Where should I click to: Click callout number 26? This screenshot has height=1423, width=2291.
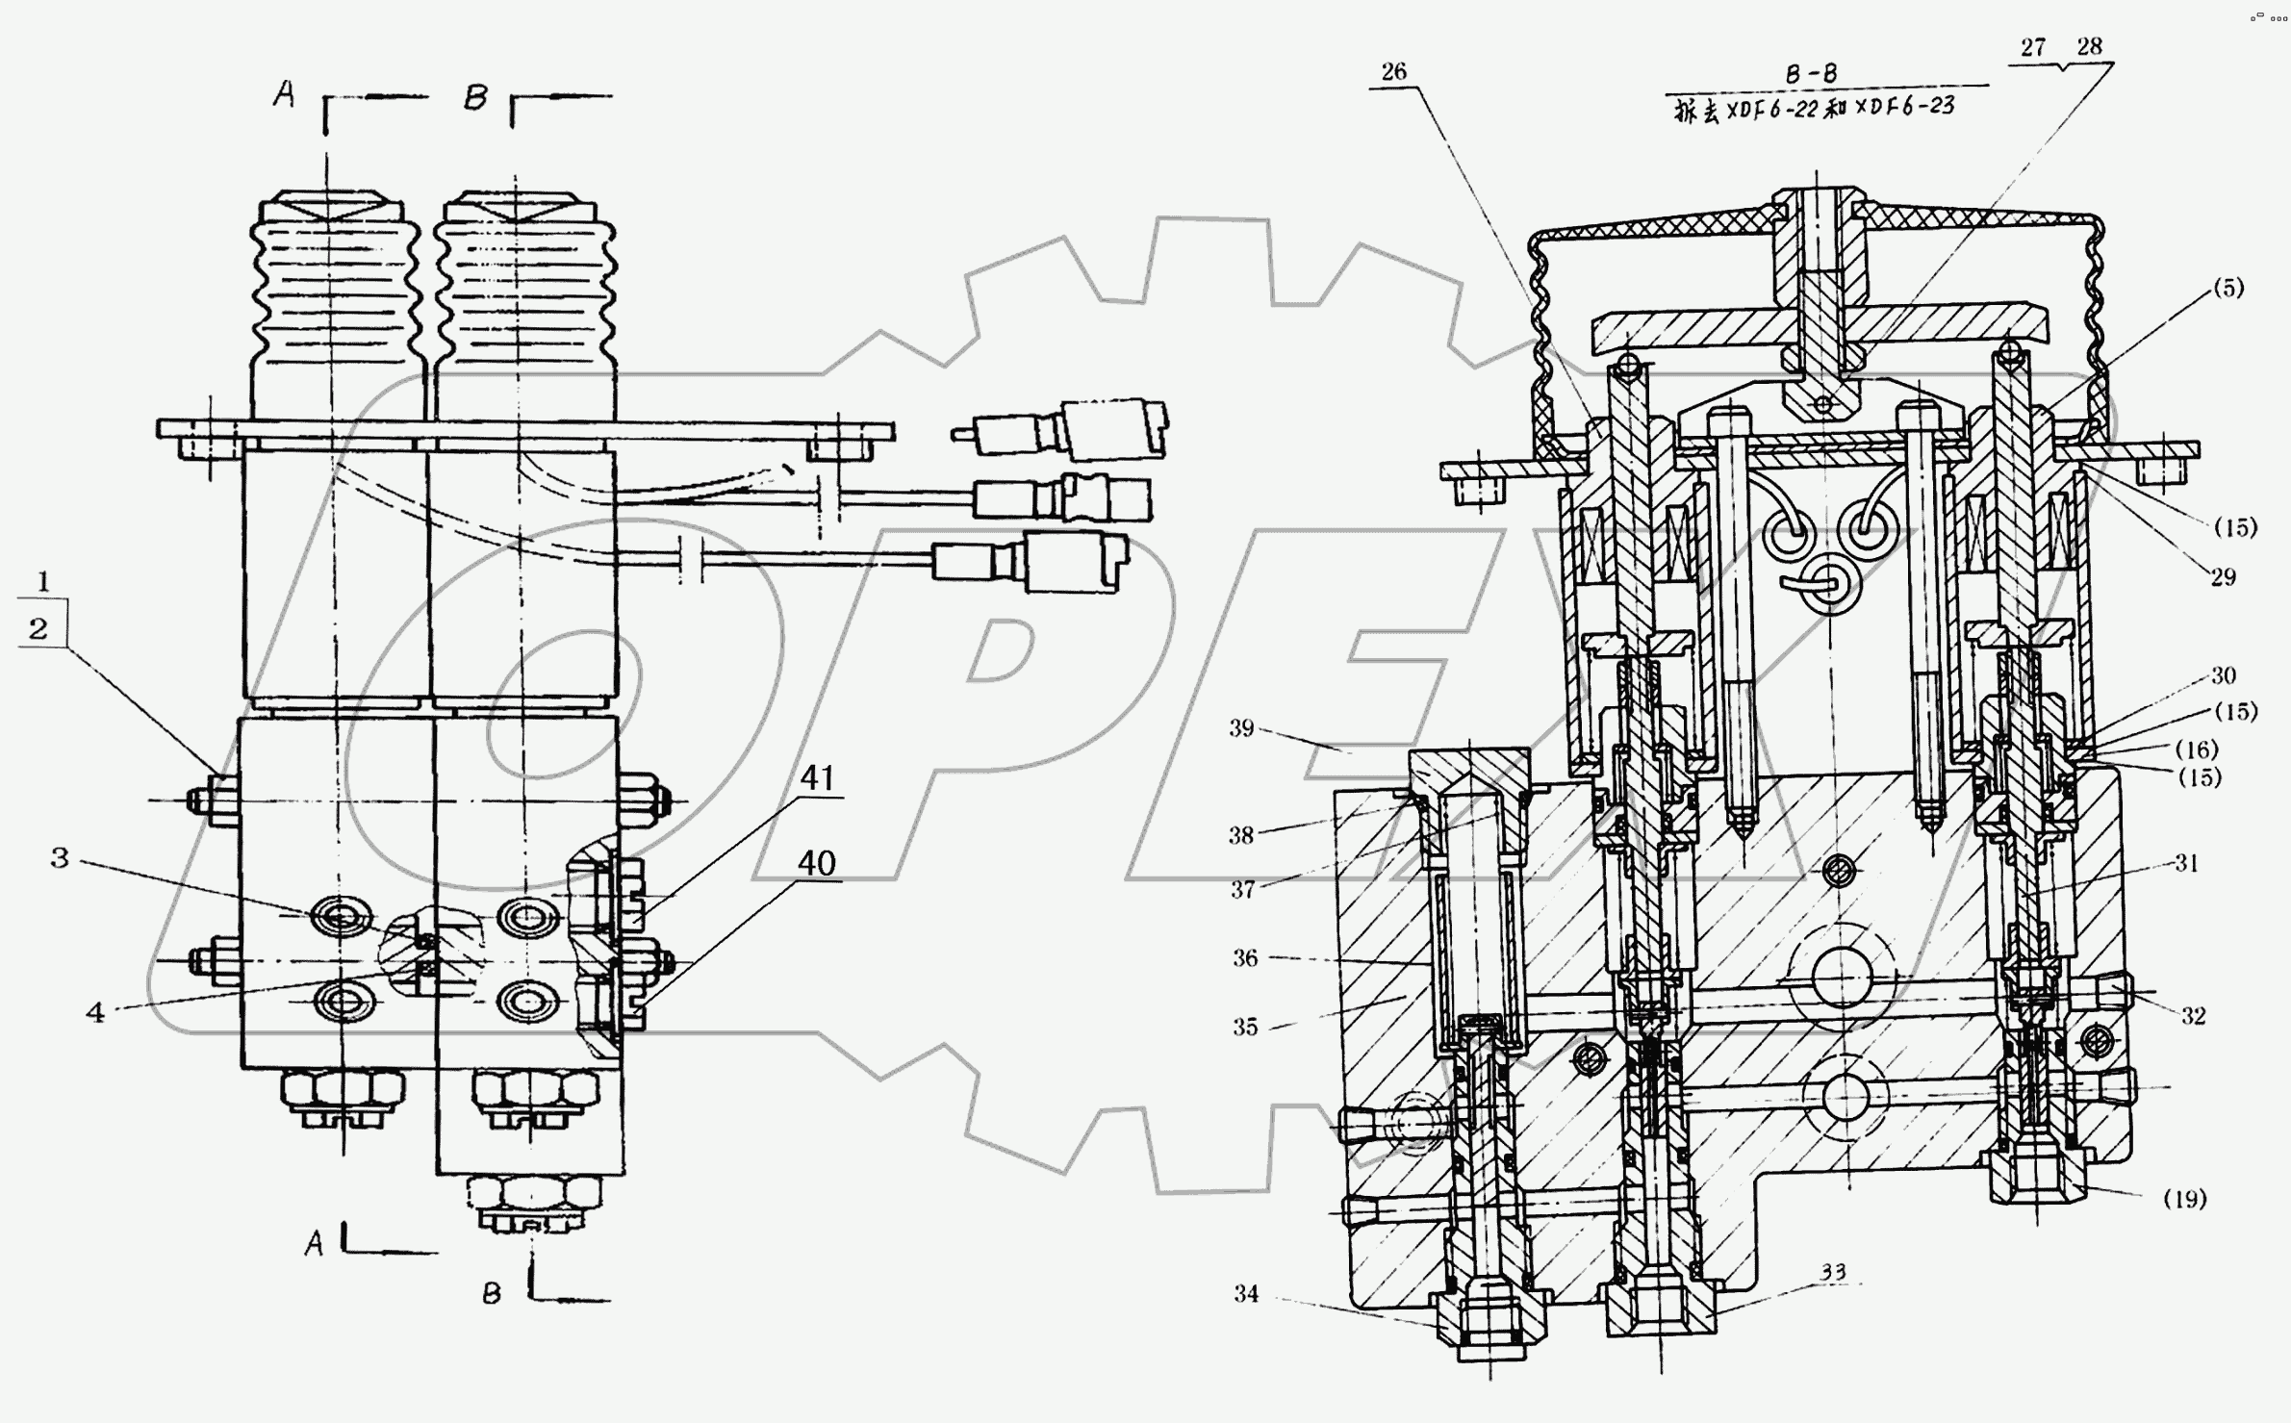click(x=1393, y=71)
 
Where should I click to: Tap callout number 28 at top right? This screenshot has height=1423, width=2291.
click(x=2089, y=46)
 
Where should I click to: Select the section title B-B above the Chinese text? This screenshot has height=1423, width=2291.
click(x=1812, y=74)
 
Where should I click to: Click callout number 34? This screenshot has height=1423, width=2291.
click(x=1246, y=1295)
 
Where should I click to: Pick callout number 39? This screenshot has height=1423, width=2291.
click(x=1241, y=728)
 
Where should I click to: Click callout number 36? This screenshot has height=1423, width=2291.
click(x=1245, y=958)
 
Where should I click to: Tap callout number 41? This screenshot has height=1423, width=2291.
click(x=817, y=777)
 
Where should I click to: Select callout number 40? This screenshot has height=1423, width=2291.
click(x=816, y=863)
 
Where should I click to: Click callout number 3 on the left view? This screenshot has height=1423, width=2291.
click(x=60, y=857)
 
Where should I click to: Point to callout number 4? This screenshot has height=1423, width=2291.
click(x=94, y=1012)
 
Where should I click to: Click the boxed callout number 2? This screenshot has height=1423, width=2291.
click(x=38, y=629)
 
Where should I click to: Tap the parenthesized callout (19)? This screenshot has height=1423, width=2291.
click(x=2184, y=1199)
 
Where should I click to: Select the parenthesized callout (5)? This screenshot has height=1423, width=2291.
click(x=2228, y=288)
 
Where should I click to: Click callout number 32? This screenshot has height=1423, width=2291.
click(x=2193, y=1016)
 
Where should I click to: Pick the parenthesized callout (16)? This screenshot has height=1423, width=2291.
click(x=2196, y=749)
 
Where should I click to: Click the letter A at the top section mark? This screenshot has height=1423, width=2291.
click(x=283, y=94)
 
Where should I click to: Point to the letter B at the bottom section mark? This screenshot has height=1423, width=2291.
click(x=491, y=1294)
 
